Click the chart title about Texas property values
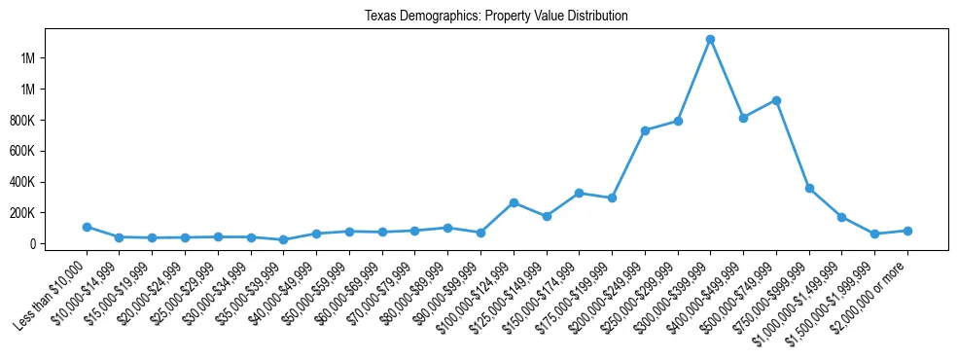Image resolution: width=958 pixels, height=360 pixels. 496,17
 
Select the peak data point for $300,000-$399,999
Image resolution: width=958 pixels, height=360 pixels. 710,39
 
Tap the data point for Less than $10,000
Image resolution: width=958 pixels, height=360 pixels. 87,227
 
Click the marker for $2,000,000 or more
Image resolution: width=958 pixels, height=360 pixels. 907,231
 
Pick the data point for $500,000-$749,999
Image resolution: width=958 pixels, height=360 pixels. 776,100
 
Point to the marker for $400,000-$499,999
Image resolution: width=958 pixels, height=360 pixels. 743,118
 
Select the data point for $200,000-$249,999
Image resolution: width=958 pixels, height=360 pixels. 645,130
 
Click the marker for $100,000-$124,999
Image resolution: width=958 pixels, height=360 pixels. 514,202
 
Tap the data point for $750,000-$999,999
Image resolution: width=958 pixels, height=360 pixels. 809,188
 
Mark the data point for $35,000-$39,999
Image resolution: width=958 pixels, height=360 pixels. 283,239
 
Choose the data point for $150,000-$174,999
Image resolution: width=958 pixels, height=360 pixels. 579,193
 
